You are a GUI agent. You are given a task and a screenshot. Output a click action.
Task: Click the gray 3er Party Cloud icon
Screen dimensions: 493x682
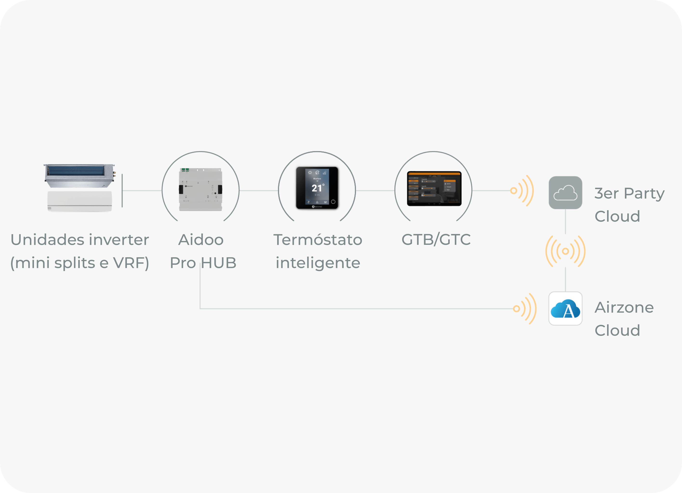coord(565,193)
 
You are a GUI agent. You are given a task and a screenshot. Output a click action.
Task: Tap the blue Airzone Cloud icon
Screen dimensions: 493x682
coord(565,308)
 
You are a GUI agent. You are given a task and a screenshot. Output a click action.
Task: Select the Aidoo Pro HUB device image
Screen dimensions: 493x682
coord(201,189)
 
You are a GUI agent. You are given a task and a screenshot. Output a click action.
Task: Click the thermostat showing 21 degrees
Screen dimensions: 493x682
coord(317,188)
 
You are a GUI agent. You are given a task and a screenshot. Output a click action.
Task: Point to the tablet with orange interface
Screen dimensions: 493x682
coord(434,189)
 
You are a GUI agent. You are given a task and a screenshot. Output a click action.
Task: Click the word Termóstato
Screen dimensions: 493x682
coord(318,240)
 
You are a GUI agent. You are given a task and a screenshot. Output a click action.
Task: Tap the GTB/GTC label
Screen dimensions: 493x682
coord(436,240)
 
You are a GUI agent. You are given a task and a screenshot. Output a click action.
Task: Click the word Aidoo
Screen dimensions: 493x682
coord(201,240)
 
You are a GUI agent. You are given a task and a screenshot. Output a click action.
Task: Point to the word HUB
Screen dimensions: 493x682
coord(218,263)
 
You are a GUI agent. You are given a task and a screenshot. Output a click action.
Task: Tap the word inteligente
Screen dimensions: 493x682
coord(318,263)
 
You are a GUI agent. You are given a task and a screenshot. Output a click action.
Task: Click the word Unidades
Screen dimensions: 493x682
coord(47,240)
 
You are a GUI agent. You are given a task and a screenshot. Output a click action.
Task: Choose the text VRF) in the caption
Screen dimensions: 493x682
coord(131,263)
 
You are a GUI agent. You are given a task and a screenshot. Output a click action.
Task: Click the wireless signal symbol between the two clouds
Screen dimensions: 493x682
coord(565,251)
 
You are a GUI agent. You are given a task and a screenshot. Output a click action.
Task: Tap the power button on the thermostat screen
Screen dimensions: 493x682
coord(333,202)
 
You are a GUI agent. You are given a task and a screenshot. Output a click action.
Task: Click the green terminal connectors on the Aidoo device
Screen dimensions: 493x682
coord(185,170)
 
